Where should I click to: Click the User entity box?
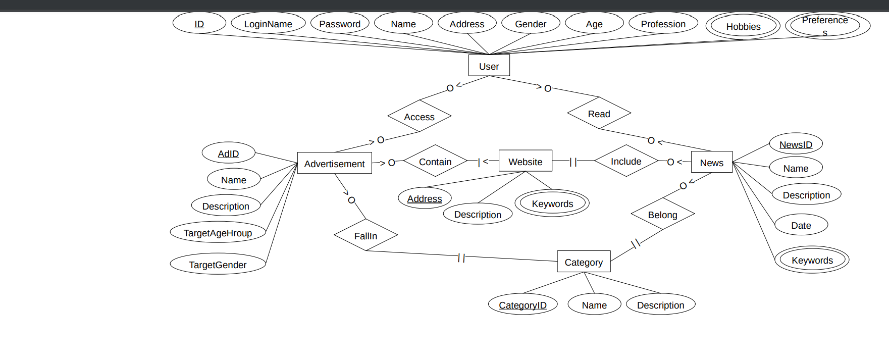[x=489, y=66]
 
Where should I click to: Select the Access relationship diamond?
[x=419, y=116]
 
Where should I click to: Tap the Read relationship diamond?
[x=599, y=113]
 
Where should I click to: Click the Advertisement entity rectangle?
[x=334, y=163]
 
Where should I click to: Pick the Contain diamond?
[x=435, y=161]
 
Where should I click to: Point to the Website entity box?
[x=525, y=161]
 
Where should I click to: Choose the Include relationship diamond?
[x=626, y=161]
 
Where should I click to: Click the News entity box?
[x=711, y=162]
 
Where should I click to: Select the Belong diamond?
[x=662, y=214]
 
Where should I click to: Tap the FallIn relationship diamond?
[x=365, y=235]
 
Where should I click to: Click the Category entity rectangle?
[x=584, y=262]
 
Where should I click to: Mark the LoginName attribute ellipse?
[x=268, y=23]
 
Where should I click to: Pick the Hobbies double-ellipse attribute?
[x=743, y=26]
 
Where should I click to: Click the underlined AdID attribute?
[x=228, y=153]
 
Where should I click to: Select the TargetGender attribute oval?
[x=218, y=264]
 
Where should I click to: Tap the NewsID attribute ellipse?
[x=796, y=144]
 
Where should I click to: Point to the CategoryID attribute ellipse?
[x=522, y=304]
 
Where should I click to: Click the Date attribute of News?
[x=801, y=225]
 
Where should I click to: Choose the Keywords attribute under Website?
[x=552, y=203]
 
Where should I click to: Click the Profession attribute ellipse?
[x=663, y=23]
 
